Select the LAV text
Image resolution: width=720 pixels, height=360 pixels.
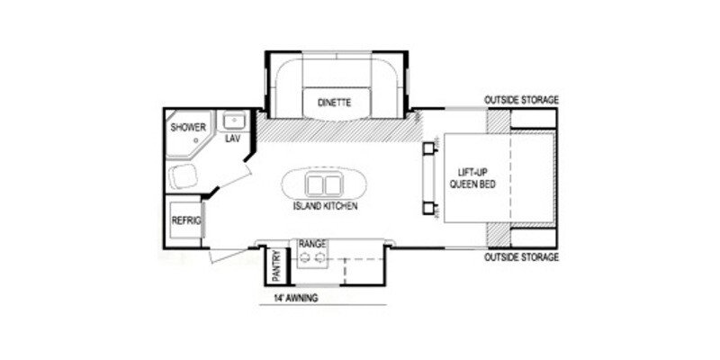232,139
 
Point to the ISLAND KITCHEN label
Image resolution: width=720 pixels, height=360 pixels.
325,206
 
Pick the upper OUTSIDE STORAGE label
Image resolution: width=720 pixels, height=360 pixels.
522,99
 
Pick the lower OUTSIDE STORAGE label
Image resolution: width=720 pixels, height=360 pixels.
522,257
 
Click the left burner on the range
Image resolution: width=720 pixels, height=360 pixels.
306,259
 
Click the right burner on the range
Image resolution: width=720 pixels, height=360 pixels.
319,259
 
